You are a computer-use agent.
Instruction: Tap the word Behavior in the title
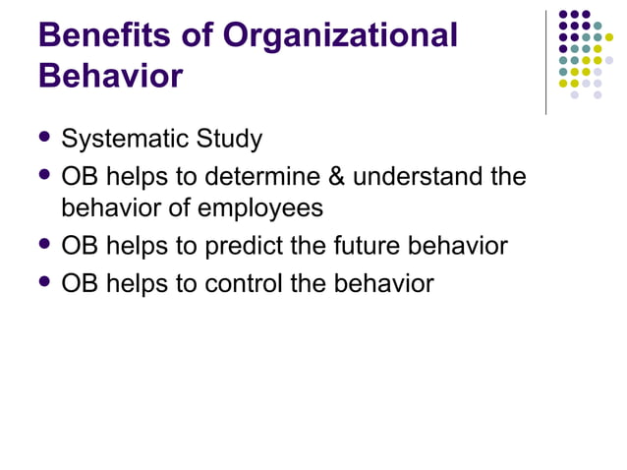click(110, 77)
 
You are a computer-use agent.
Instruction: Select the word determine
click(257, 178)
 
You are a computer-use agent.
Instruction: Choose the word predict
click(244, 246)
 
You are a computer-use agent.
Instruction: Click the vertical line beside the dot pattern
click(545, 61)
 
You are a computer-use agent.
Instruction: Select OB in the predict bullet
click(80, 246)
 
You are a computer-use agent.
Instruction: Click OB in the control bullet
click(80, 284)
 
